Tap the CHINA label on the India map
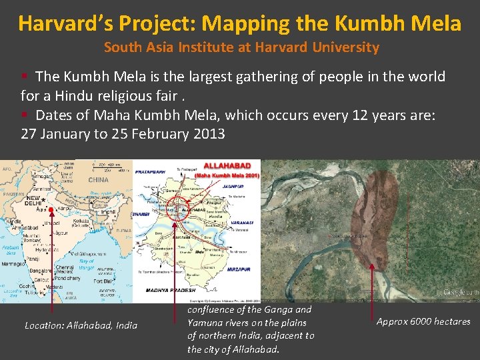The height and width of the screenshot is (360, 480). (x=98, y=179)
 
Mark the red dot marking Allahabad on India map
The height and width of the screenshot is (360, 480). (x=51, y=211)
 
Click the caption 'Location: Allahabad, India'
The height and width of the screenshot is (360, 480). (x=81, y=325)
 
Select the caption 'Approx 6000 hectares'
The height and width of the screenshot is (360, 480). (x=423, y=321)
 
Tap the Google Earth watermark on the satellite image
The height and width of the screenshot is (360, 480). (x=460, y=292)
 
